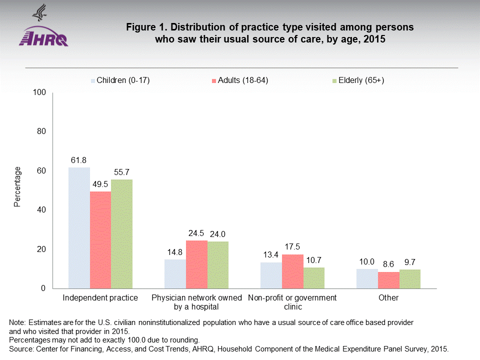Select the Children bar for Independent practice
point(79,227)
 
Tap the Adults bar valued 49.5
point(100,240)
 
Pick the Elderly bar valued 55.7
point(121,233)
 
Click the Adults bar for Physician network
point(196,264)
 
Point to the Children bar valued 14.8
point(175,274)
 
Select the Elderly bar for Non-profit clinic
point(314,278)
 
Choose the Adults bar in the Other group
point(388,280)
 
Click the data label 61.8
point(79,160)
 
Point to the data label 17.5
point(292,247)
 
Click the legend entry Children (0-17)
point(120,80)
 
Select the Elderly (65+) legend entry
point(358,80)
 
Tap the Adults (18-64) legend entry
point(240,80)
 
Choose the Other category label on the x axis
point(388,298)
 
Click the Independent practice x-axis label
point(100,298)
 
